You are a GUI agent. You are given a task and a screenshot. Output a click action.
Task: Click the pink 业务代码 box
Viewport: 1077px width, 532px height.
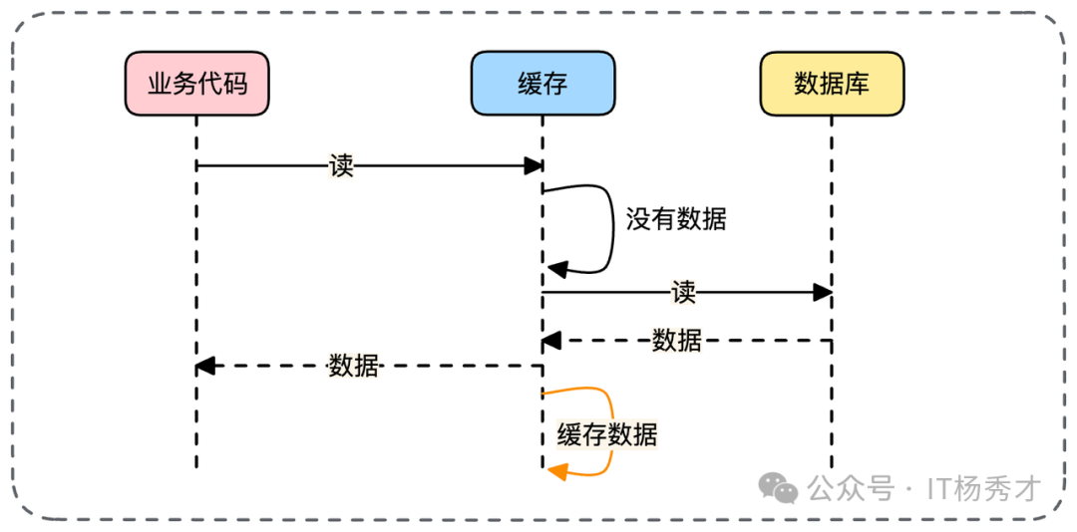click(197, 83)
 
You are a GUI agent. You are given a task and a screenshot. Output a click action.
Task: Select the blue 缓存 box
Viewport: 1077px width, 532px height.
click(542, 83)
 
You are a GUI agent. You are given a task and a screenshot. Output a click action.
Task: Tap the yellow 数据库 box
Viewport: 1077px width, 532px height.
click(831, 83)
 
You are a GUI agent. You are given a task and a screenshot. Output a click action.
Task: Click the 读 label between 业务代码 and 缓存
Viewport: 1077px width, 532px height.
click(341, 165)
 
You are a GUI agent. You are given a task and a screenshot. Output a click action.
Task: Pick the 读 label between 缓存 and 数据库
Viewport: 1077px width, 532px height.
click(683, 292)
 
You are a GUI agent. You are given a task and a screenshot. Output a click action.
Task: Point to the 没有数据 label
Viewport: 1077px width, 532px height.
click(676, 219)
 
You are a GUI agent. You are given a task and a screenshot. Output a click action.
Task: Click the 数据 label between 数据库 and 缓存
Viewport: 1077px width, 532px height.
click(676, 341)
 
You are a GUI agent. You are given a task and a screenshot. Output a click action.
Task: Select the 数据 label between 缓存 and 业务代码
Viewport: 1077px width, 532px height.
click(353, 366)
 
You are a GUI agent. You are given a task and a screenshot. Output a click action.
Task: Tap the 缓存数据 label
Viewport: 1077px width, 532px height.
click(606, 434)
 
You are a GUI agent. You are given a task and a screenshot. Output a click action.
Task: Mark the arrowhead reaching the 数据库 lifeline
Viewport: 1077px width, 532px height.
click(822, 292)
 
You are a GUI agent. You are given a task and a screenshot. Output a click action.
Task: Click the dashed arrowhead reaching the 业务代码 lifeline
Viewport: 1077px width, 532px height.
click(205, 366)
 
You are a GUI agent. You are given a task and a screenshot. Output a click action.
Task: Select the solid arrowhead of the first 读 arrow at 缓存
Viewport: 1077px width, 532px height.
click(534, 165)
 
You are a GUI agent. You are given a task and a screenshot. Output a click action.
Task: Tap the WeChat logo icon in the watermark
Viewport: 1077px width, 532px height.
click(778, 487)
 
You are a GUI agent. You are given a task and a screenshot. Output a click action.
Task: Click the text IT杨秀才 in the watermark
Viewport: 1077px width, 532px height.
click(983, 488)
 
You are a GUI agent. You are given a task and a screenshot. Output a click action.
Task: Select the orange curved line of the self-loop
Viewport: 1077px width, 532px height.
click(609, 408)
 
